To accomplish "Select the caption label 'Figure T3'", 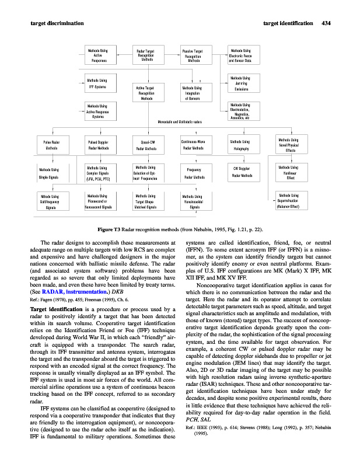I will coord(109,228).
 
